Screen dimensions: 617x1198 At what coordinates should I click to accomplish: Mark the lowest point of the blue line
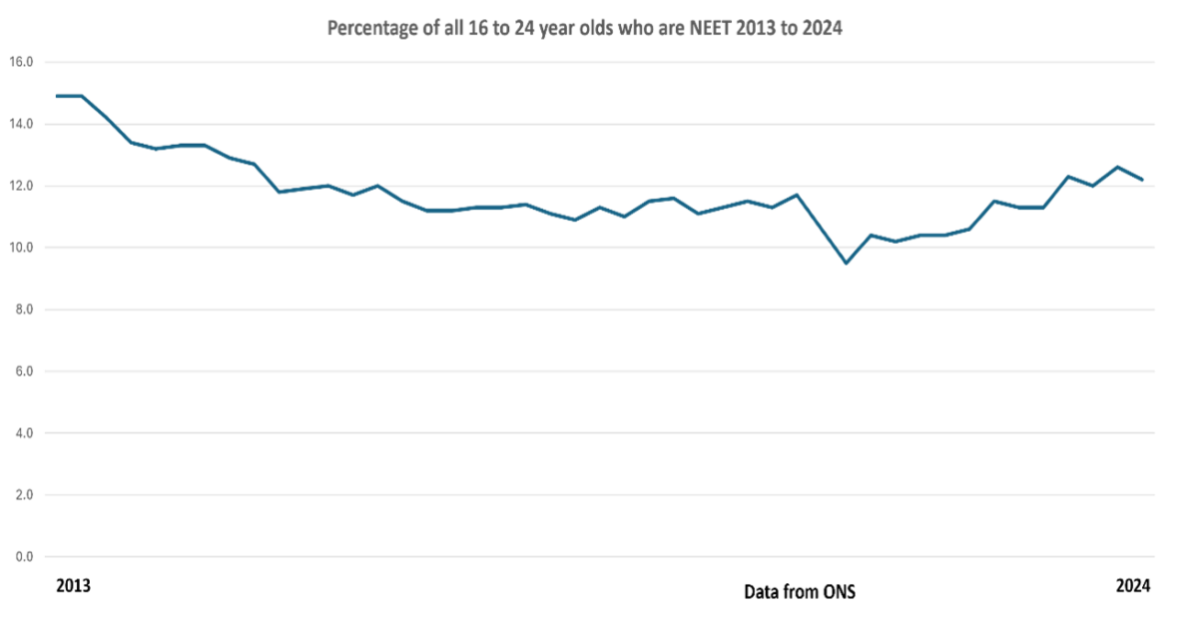pos(846,263)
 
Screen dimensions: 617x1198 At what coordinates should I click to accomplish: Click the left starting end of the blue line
pos(56,96)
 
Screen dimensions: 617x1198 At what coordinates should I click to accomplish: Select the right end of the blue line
pos(1142,180)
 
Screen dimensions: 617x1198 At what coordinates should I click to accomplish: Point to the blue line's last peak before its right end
pos(1117,167)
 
